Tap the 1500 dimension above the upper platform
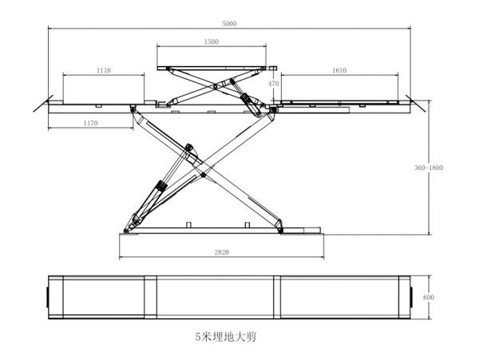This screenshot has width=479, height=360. pyautogui.click(x=212, y=42)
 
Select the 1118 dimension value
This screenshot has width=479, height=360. pyautogui.click(x=103, y=71)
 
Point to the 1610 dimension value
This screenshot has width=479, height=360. pyautogui.click(x=339, y=71)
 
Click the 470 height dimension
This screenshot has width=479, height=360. pyautogui.click(x=274, y=83)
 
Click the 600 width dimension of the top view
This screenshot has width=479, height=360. pyautogui.click(x=429, y=297)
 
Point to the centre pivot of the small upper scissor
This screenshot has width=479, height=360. pyautogui.click(x=213, y=83)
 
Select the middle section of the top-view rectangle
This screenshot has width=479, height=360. pyautogui.click(x=216, y=297)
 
